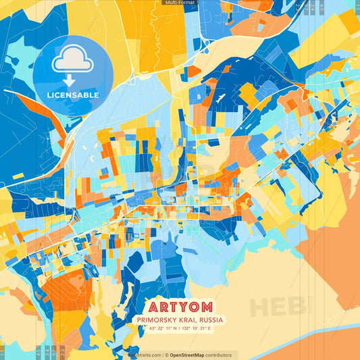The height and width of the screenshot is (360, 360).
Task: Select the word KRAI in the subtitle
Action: coord(194,320)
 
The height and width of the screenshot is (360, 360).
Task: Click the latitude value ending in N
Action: coord(157,330)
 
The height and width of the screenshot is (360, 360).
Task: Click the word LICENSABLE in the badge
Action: coord(73,95)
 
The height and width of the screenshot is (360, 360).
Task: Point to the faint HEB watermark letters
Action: coord(277,308)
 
